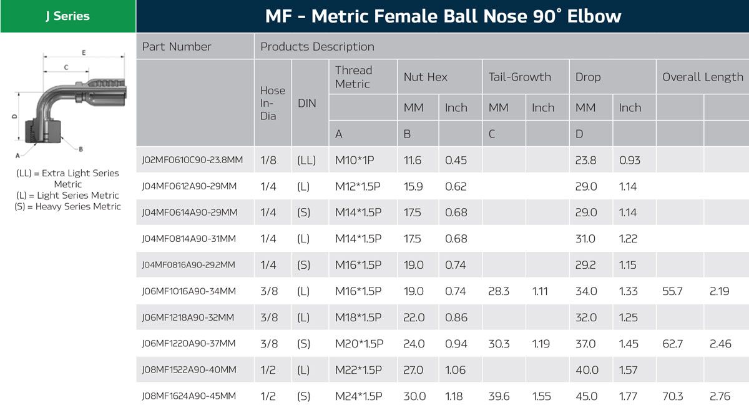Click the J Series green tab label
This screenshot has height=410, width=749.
(x=67, y=16)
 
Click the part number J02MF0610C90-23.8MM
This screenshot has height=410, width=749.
(x=192, y=160)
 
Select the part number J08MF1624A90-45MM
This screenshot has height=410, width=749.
(x=189, y=396)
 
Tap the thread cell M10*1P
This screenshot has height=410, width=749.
(x=355, y=160)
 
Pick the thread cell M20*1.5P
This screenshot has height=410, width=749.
(x=359, y=344)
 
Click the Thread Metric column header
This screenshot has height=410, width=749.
(x=353, y=77)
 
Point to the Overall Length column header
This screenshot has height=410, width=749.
(x=702, y=77)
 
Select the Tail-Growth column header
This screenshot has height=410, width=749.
(x=519, y=77)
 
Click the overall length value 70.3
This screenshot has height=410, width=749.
(x=672, y=396)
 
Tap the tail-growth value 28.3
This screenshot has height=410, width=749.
(x=499, y=291)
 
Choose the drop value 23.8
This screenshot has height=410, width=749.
(x=585, y=160)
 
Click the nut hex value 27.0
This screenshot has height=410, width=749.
(x=414, y=370)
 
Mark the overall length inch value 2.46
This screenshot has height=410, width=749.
(x=720, y=344)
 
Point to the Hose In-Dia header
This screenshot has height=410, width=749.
(x=272, y=103)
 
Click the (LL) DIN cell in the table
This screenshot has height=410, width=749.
(x=306, y=160)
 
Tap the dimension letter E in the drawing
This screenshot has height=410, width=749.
(x=84, y=52)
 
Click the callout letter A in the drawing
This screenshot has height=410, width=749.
(x=17, y=154)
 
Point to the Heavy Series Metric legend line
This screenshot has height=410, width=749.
(x=67, y=207)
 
